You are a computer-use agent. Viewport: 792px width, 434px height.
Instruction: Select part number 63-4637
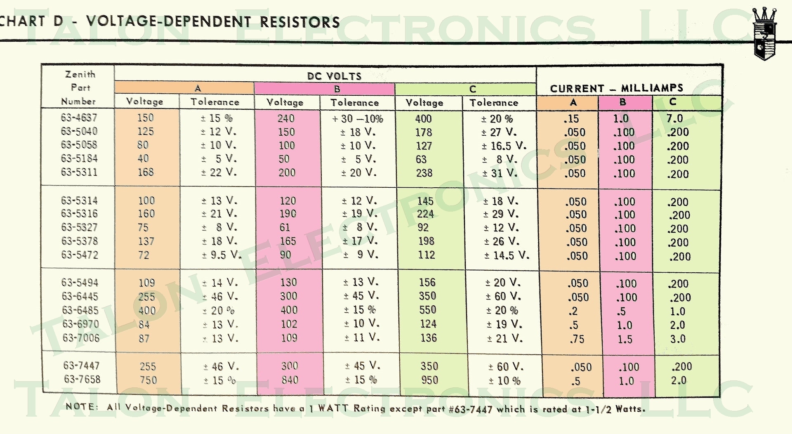point(79,118)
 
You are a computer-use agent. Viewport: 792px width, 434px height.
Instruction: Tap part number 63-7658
point(82,379)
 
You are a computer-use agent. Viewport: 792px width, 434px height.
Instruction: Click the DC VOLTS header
point(334,76)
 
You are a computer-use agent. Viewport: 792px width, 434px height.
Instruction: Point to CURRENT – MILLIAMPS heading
point(617,88)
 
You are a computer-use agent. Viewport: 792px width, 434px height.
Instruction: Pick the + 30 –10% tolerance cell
point(358,119)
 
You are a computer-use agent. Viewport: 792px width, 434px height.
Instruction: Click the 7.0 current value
point(675,119)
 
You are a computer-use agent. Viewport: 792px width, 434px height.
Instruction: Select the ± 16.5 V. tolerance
point(504,146)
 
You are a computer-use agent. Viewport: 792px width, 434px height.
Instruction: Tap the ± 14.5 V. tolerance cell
point(507,256)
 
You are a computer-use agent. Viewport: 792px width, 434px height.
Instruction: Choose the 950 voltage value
point(429,380)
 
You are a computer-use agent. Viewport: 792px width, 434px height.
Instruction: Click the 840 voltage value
point(290,380)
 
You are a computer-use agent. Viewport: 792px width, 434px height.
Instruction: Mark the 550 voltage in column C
point(428,310)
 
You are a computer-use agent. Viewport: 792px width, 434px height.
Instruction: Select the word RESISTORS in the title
point(300,22)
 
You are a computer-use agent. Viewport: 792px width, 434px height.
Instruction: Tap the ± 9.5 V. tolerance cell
point(221,255)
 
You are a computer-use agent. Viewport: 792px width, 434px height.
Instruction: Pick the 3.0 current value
point(678,339)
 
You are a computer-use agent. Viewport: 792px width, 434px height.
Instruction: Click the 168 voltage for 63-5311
point(146,172)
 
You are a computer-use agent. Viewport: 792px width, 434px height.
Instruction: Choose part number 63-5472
point(80,255)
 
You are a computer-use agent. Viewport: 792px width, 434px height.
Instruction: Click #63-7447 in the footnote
point(470,409)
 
